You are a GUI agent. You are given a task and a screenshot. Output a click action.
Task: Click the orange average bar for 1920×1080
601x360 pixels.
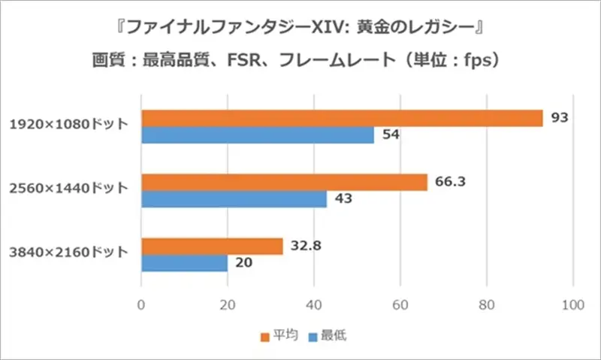(x=342, y=118)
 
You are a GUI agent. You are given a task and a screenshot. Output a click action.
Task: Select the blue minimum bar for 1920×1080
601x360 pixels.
(x=258, y=135)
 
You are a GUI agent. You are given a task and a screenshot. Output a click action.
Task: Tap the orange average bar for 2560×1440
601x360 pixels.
(x=284, y=183)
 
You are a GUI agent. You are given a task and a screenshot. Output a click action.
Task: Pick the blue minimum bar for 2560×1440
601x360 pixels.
(x=234, y=200)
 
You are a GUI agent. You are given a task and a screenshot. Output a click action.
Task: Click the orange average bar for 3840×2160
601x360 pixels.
(x=212, y=247)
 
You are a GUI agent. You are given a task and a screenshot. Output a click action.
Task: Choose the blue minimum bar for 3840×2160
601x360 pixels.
(x=184, y=264)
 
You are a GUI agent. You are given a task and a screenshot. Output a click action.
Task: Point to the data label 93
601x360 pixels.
(x=559, y=118)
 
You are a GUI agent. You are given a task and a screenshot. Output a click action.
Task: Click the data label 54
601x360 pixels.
(x=390, y=135)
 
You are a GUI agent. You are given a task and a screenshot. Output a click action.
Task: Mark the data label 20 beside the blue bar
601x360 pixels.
(x=243, y=264)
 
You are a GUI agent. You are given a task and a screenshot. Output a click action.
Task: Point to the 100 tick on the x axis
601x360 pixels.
(x=573, y=304)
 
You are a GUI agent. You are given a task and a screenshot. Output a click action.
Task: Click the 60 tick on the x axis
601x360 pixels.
(x=400, y=304)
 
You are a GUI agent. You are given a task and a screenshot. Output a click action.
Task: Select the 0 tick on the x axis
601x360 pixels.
(x=141, y=304)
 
